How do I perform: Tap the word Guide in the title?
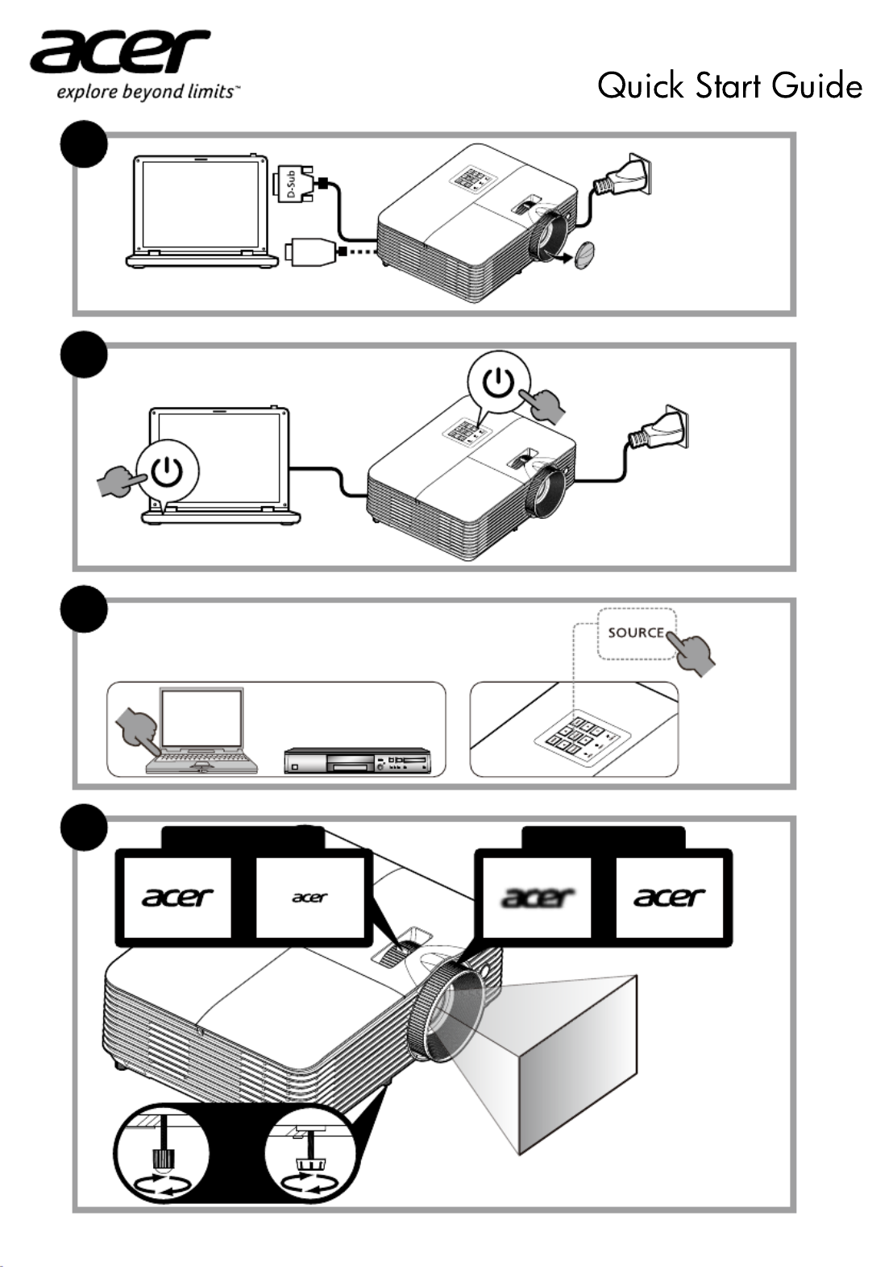[x=816, y=85]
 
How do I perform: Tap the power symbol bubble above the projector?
[x=500, y=383]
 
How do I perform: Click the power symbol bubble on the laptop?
[x=167, y=472]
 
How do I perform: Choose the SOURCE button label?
[x=636, y=633]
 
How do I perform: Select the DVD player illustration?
[x=358, y=762]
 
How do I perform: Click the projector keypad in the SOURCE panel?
[x=579, y=737]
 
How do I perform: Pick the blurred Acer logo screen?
[x=538, y=897]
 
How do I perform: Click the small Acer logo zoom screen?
[x=310, y=897]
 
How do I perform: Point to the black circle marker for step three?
[x=84, y=609]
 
